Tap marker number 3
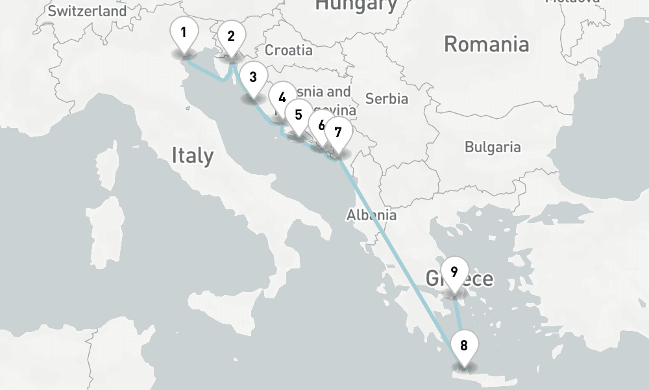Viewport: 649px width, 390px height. pyautogui.click(x=252, y=78)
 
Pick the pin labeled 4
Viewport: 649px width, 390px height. pyautogui.click(x=281, y=98)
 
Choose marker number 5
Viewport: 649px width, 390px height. pyautogui.click(x=298, y=115)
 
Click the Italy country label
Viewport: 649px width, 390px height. pyautogui.click(x=192, y=155)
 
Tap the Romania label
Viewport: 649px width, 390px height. pyautogui.click(x=486, y=44)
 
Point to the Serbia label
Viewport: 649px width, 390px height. pyautogui.click(x=387, y=98)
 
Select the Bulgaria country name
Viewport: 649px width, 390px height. pyautogui.click(x=493, y=147)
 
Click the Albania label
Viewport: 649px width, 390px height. pyautogui.click(x=371, y=214)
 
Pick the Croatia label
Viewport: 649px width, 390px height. pyautogui.click(x=289, y=50)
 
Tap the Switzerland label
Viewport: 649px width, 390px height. pyautogui.click(x=88, y=11)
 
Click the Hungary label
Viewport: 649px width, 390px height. pyautogui.click(x=356, y=6)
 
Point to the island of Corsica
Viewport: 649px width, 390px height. pyautogui.click(x=109, y=167)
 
